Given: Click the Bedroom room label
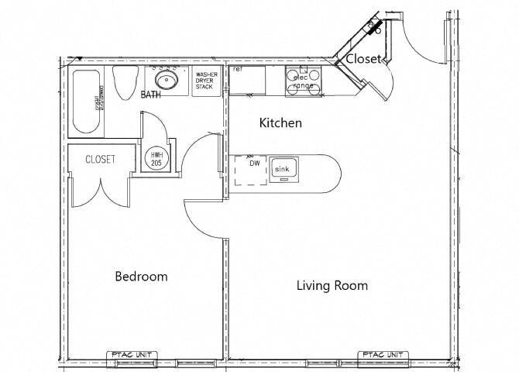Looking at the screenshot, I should point(141,277).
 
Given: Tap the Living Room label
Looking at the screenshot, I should point(332,285).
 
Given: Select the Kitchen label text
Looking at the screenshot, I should point(280,123).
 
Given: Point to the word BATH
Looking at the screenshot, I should point(152,96).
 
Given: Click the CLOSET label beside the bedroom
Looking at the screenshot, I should point(100,159).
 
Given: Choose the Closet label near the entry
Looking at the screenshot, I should point(362,60).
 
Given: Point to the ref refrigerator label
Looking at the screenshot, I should point(239,70).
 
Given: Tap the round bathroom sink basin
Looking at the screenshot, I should point(166,79).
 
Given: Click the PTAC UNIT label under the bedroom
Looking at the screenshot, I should point(132,355).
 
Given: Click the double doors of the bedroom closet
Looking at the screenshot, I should point(99,192).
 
